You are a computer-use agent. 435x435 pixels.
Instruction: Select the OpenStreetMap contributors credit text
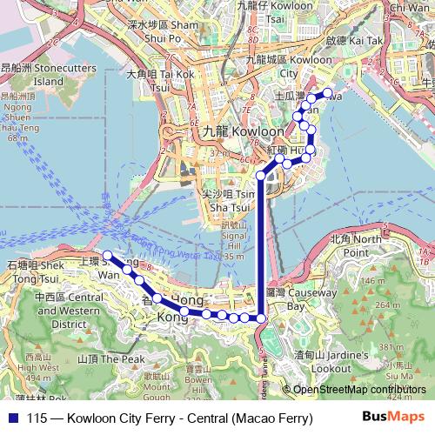tap(355, 390)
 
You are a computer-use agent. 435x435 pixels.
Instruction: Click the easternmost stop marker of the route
tap(328, 93)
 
